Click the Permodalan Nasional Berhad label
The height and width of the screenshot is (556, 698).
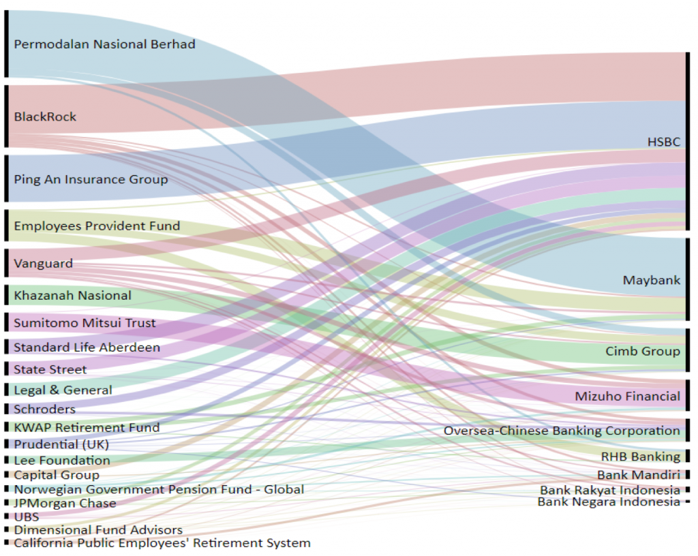pyautogui.click(x=104, y=44)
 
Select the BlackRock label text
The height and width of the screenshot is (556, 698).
pyautogui.click(x=45, y=117)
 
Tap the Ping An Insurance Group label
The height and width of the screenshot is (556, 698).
pyautogui.click(x=91, y=179)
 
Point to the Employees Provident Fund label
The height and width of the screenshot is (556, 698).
pyautogui.click(x=97, y=226)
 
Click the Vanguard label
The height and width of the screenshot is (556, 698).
pyautogui.click(x=44, y=263)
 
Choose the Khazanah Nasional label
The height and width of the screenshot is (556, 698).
pyautogui.click(x=72, y=295)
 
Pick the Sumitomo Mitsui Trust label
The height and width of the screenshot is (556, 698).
pyautogui.click(x=85, y=323)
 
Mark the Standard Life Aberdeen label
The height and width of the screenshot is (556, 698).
pyautogui.click(x=87, y=347)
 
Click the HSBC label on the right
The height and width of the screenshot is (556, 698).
pyautogui.click(x=663, y=142)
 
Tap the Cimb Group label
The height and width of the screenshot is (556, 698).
pyautogui.click(x=643, y=351)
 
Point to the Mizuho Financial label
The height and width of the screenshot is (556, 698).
pyautogui.click(x=627, y=396)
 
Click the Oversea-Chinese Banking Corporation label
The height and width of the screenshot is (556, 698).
pyautogui.click(x=562, y=431)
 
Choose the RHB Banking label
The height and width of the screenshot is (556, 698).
pyautogui.click(x=640, y=457)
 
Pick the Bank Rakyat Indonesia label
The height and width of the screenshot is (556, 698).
pyautogui.click(x=610, y=490)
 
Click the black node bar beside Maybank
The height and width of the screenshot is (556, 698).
pyautogui.click(x=688, y=279)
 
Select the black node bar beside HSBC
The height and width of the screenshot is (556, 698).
pyautogui.click(x=688, y=141)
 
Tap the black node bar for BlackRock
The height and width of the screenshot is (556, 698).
pyautogui.click(x=6, y=116)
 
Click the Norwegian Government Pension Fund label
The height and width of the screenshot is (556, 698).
pyautogui.click(x=159, y=489)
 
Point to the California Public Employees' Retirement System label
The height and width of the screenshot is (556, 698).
pyautogui.click(x=162, y=543)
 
